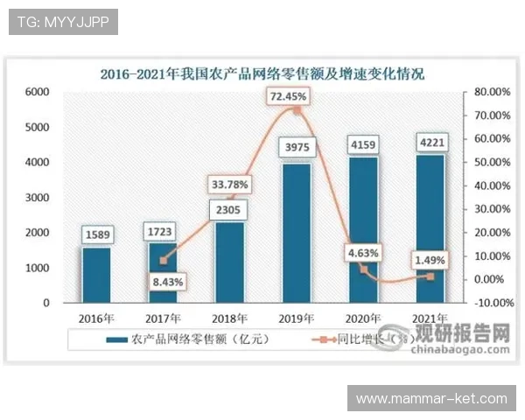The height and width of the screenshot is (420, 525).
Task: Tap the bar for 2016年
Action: tap(96, 275)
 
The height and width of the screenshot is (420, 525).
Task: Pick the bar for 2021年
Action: tap(430, 228)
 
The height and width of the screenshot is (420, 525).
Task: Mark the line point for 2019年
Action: tap(296, 111)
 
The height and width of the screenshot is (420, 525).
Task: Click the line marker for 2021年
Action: tap(430, 276)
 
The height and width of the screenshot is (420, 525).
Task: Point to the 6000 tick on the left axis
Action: tap(38, 92)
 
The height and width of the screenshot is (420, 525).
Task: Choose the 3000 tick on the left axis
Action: tap(38, 198)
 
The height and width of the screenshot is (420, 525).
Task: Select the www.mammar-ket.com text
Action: tap(432, 399)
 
